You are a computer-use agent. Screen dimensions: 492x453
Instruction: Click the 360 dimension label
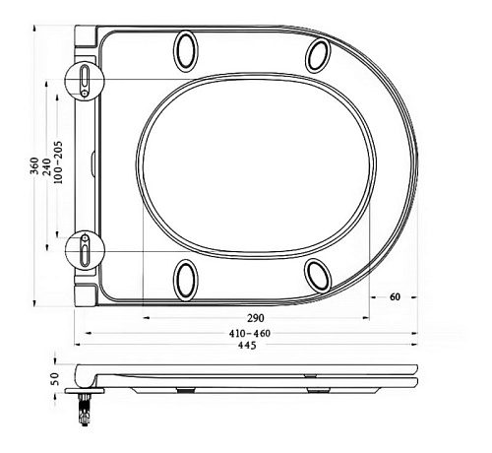34,166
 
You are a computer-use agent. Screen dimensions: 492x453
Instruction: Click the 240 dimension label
47,167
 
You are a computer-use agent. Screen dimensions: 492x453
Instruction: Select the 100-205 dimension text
58,162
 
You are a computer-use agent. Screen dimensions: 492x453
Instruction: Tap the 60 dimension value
395,297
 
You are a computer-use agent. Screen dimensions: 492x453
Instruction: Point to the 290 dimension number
256,318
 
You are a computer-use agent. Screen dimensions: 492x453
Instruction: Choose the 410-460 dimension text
250,334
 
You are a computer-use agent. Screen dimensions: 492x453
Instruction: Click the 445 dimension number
247,345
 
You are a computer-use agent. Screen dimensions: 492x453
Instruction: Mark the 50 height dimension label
55,379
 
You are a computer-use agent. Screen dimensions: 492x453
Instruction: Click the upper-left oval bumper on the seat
186,50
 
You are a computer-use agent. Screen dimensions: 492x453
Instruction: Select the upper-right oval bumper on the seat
318,55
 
